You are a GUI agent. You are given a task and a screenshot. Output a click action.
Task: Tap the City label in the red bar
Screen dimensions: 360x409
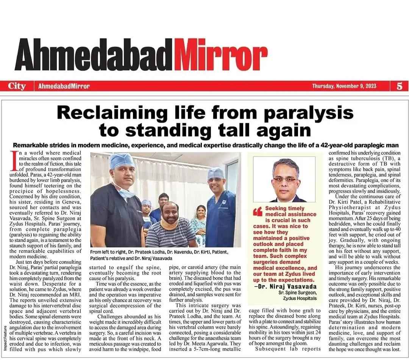coord(17,86)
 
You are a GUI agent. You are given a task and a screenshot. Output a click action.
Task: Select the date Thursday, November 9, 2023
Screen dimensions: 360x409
coord(344,86)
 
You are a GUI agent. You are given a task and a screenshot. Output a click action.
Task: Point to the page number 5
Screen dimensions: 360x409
coord(400,86)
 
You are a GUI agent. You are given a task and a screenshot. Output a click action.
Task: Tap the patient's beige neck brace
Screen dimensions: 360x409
coord(170,224)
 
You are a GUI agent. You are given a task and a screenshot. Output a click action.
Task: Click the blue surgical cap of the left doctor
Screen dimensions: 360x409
coord(122,161)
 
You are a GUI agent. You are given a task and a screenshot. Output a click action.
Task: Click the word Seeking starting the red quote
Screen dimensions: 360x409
coord(279,208)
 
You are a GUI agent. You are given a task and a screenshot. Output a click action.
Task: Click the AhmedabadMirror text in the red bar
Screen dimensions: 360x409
coord(64,86)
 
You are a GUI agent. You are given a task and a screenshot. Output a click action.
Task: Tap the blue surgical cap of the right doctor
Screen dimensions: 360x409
coord(216,173)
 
